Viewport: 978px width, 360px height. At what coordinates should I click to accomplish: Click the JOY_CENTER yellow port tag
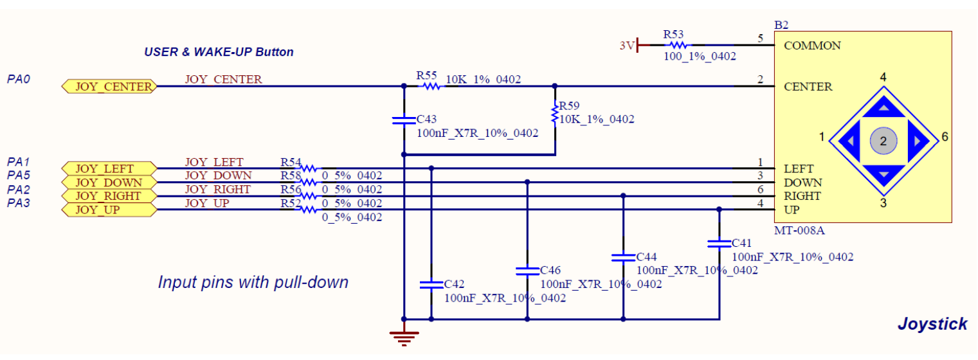(x=109, y=86)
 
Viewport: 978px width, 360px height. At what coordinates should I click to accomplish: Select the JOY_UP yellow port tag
(x=109, y=210)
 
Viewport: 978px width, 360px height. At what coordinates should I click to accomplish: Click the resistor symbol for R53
(x=676, y=45)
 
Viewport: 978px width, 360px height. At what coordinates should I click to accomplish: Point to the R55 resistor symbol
(x=431, y=86)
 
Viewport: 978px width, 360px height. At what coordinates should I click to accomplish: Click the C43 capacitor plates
(x=404, y=120)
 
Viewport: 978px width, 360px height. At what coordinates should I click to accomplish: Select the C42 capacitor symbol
(x=431, y=285)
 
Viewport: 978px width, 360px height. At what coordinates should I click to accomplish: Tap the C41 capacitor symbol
(x=719, y=244)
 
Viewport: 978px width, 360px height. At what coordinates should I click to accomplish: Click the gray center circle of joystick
(x=883, y=141)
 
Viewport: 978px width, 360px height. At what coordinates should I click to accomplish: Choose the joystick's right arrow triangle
(x=918, y=141)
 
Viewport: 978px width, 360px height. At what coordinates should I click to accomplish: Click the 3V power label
(x=627, y=46)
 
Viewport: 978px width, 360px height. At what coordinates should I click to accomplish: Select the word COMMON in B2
(x=812, y=46)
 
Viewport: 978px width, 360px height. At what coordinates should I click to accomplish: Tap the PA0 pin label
(x=19, y=79)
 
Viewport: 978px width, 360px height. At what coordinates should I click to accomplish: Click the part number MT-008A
(x=799, y=230)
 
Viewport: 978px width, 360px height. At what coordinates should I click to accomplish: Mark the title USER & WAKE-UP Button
(x=219, y=52)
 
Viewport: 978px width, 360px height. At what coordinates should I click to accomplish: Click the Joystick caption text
(x=932, y=324)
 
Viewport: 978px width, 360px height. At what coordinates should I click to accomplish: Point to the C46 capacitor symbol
(x=527, y=271)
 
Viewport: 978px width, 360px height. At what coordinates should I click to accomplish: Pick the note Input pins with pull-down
(x=253, y=282)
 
